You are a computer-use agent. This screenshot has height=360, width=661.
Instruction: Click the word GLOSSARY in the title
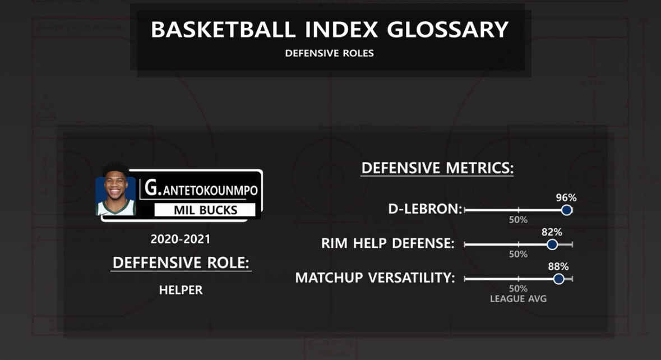click(448, 30)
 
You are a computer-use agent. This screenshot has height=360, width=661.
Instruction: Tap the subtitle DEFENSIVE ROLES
click(329, 53)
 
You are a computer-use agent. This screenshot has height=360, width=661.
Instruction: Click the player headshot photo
click(115, 191)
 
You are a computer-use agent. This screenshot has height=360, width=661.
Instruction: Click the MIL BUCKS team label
click(205, 210)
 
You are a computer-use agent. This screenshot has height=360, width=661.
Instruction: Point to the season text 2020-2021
click(181, 239)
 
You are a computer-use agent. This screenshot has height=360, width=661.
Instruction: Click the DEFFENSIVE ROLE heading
click(181, 262)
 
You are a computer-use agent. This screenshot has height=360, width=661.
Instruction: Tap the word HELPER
click(181, 290)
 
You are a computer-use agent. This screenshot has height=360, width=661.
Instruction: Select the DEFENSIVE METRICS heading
click(437, 168)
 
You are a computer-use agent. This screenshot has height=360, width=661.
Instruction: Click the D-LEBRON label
click(425, 209)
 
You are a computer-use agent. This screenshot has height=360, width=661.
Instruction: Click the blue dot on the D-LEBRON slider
click(567, 210)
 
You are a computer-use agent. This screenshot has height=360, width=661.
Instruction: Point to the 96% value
click(566, 198)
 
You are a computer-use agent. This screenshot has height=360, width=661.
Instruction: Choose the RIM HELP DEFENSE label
click(388, 243)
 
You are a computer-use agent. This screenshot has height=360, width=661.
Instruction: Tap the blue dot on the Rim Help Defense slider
click(552, 244)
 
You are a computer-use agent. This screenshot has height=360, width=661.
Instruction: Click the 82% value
click(552, 232)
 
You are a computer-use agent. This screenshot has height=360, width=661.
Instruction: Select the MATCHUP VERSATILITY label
click(375, 278)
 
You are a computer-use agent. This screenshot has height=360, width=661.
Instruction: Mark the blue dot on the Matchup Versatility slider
click(558, 279)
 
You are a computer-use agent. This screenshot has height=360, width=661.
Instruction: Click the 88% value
click(558, 266)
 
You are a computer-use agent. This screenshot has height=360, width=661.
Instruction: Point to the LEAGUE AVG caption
click(518, 298)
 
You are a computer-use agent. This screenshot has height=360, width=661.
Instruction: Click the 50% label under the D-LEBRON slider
click(518, 220)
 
